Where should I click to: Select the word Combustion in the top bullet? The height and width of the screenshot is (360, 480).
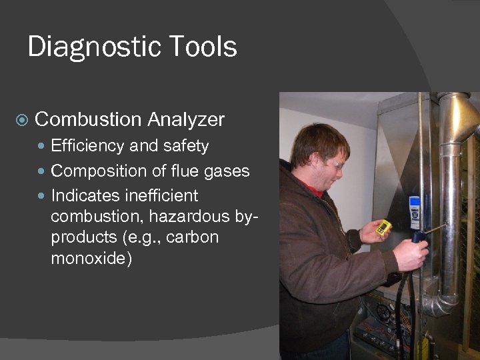coord(88,120)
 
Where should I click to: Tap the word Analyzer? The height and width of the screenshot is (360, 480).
coord(186,120)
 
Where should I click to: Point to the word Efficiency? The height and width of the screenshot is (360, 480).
coord(89,146)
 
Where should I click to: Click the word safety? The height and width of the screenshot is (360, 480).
coord(183,146)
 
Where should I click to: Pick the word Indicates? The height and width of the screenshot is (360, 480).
coord(88,196)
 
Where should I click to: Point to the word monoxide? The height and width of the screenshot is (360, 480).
coord(91,258)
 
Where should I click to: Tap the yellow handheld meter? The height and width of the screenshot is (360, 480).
coord(383,228)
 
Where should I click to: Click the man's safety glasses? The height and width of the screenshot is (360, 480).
coord(335,162)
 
